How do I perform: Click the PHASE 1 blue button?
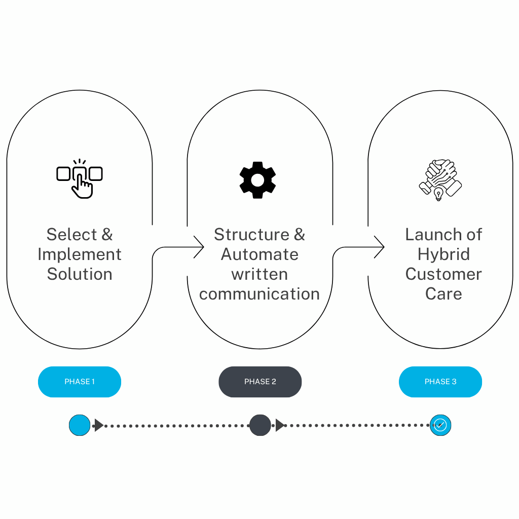pyautogui.click(x=80, y=382)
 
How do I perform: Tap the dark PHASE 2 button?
pyautogui.click(x=260, y=382)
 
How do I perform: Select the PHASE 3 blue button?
pyautogui.click(x=440, y=382)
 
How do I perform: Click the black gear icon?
pyautogui.click(x=257, y=180)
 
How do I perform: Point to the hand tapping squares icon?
pyautogui.click(x=80, y=179)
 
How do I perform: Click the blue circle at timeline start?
pyautogui.click(x=80, y=425)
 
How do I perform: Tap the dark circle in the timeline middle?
pyautogui.click(x=260, y=425)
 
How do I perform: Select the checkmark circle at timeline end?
pyautogui.click(x=440, y=425)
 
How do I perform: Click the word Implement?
pyautogui.click(x=80, y=254)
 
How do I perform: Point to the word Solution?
pyautogui.click(x=80, y=274)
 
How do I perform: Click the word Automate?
pyautogui.click(x=259, y=254)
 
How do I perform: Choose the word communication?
pyautogui.click(x=259, y=294)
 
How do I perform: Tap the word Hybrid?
pyautogui.click(x=443, y=254)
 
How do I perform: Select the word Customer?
pyautogui.click(x=443, y=274)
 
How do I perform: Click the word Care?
pyautogui.click(x=443, y=294)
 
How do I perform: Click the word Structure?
pyautogui.click(x=251, y=235)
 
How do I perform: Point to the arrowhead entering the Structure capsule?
pyautogui.click(x=200, y=247)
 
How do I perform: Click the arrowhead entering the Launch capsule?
pyautogui.click(x=381, y=247)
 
